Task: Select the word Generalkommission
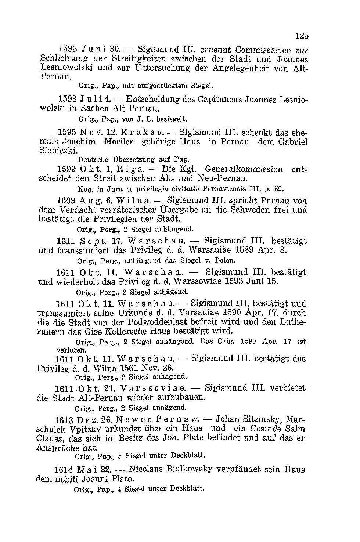244,169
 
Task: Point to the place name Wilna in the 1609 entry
132,201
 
